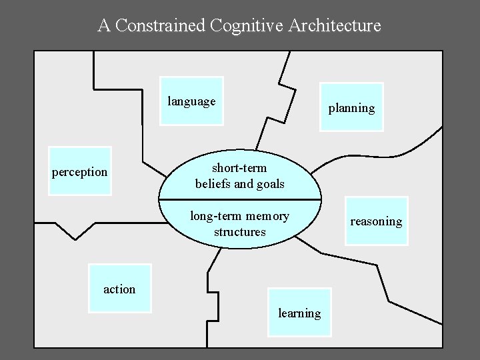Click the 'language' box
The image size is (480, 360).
pos(192,101)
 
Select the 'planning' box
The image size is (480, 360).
pos(351,107)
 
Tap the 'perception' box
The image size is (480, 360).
pos(80,171)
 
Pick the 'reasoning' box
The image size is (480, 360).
pos(376,221)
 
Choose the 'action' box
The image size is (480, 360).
pos(120,288)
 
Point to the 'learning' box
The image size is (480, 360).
pos(299,312)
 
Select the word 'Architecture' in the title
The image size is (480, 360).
pos(335,26)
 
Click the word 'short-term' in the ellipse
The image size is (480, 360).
pos(239,167)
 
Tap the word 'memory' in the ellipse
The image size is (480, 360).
pos(267,216)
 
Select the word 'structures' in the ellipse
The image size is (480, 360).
pos(239,232)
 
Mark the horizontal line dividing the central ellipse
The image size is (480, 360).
pos(240,199)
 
